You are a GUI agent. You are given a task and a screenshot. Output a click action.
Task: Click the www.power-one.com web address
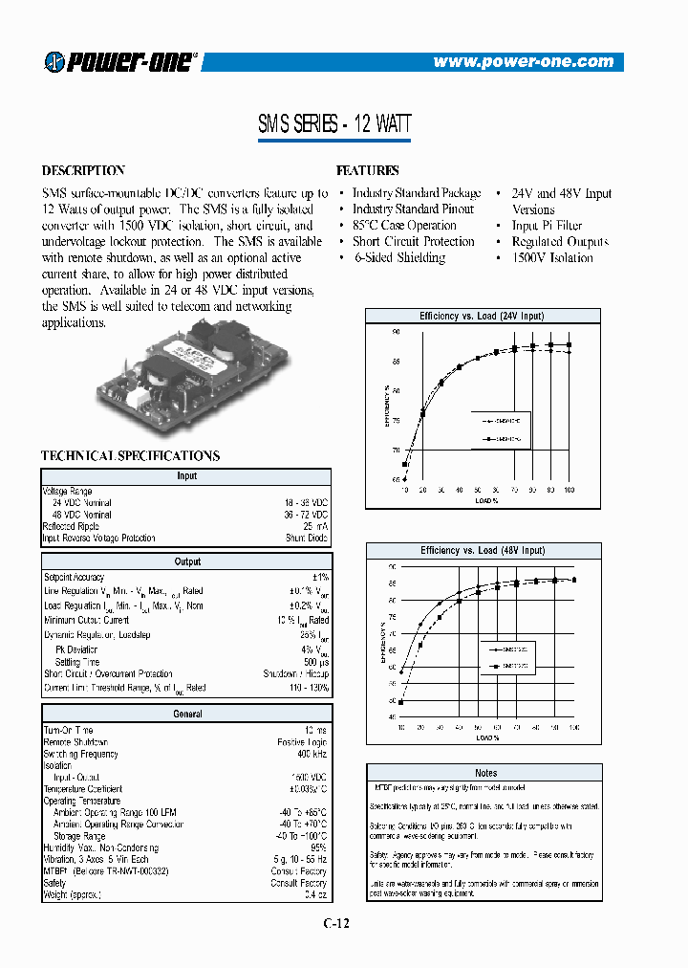tap(523, 61)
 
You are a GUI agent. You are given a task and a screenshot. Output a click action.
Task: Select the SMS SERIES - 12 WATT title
tap(334, 124)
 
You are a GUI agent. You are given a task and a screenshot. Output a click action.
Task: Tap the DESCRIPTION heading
tap(83, 170)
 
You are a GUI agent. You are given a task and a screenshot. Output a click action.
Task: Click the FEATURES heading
tap(368, 170)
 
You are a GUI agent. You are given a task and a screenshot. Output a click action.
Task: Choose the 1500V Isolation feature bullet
tap(551, 257)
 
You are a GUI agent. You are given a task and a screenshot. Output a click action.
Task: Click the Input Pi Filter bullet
tap(547, 226)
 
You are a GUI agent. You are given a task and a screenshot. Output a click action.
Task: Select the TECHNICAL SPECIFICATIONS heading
tap(130, 456)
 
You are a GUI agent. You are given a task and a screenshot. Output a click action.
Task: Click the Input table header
tap(186, 475)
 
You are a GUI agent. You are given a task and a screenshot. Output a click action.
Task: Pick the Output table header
tap(186, 561)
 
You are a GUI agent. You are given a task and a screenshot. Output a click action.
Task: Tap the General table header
tap(186, 714)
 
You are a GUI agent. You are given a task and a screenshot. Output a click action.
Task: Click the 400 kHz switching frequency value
tap(311, 754)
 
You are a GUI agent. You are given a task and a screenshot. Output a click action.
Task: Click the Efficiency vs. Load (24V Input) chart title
tap(482, 316)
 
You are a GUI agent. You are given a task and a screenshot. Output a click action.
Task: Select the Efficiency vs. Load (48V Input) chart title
tap(482, 551)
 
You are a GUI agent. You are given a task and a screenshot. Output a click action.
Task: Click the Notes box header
tap(485, 772)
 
